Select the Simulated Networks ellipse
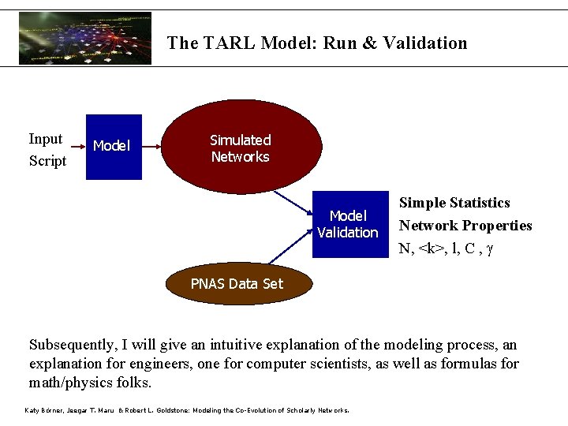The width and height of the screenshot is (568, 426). [241, 148]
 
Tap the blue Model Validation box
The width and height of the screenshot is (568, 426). [347, 224]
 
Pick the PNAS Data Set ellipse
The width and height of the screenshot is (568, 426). [236, 284]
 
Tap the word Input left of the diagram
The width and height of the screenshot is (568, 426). [46, 140]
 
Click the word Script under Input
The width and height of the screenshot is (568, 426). [47, 161]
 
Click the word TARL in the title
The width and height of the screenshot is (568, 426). [230, 43]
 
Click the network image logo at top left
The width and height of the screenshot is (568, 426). [85, 38]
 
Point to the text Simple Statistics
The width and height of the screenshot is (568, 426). [454, 204]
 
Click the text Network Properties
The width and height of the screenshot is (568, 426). [465, 226]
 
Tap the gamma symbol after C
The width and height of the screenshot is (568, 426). [490, 248]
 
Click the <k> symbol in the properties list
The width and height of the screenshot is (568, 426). [430, 248]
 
